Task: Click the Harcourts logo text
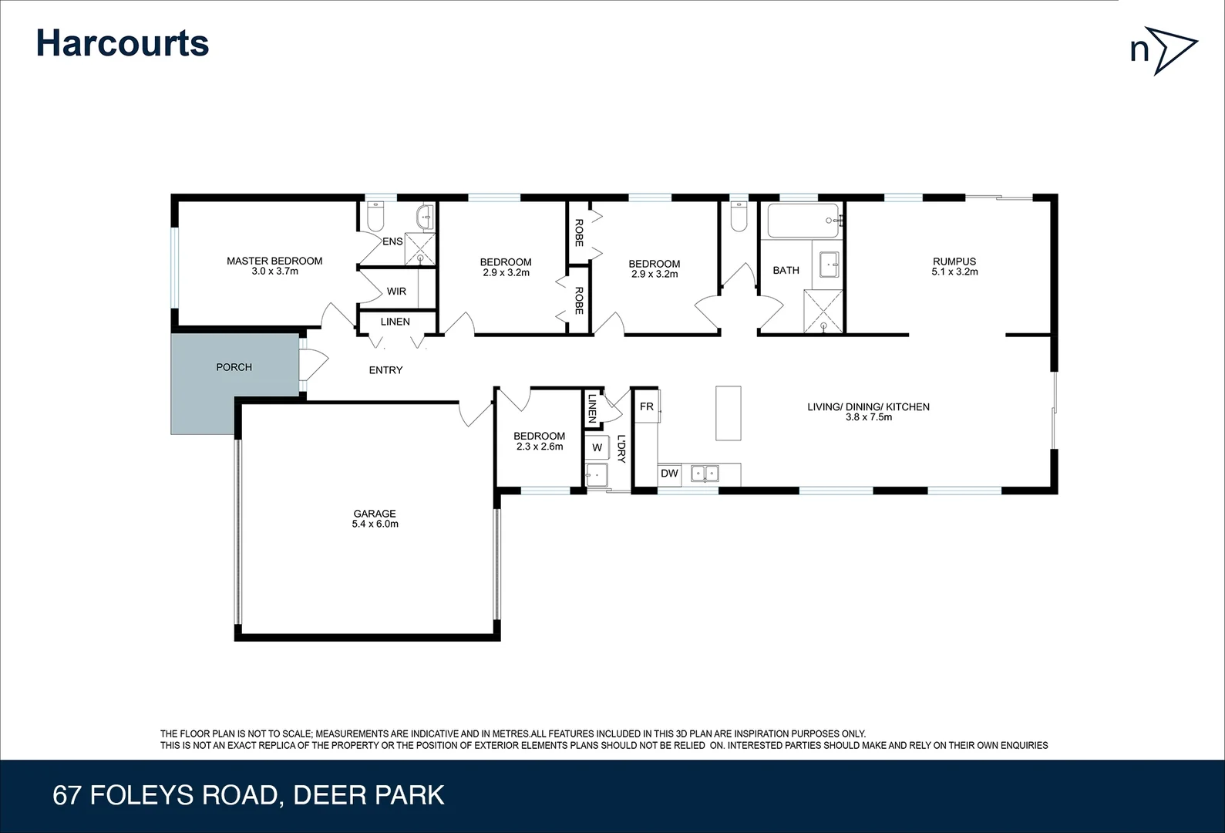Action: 123,43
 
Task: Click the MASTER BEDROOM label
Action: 274,265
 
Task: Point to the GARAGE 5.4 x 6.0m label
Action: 375,518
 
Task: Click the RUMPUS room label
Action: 954,266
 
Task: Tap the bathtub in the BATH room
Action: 803,221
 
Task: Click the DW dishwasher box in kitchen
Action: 669,474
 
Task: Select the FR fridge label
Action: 646,406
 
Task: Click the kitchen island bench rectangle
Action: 728,413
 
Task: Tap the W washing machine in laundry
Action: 597,447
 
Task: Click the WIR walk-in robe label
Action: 396,292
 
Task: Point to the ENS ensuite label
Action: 392,241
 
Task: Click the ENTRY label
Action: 385,370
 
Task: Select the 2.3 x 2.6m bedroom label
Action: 540,441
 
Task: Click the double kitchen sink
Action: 705,474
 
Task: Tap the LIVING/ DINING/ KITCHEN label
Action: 868,411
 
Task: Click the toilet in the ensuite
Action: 375,218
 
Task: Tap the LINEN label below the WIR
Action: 395,322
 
